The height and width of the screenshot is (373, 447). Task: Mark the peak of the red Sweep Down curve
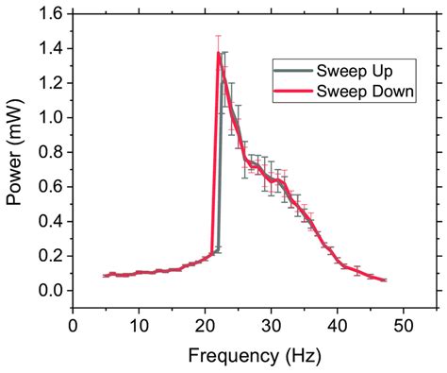pos(219,54)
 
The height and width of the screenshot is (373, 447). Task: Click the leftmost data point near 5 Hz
pos(107,276)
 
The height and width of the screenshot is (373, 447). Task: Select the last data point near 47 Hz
pos(384,280)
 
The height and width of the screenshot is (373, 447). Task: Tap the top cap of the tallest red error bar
pos(219,36)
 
